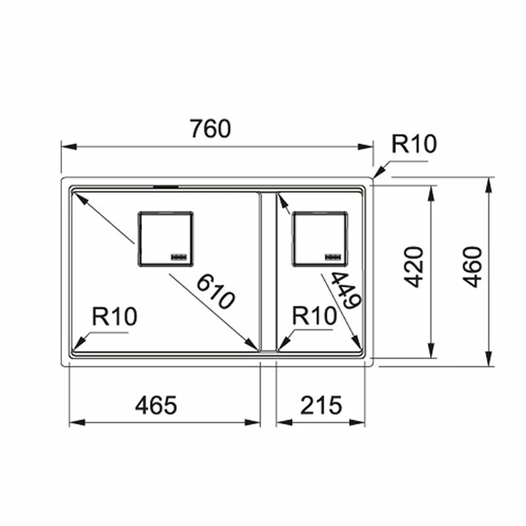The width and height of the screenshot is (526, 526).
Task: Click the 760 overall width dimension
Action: (210, 130)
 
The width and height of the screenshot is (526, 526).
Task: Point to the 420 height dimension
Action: (413, 266)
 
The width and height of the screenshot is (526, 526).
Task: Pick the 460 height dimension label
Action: (472, 266)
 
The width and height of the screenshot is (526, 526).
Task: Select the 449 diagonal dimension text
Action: (345, 291)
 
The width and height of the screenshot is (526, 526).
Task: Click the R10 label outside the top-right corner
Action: (414, 143)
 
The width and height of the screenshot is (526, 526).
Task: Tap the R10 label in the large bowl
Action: (114, 318)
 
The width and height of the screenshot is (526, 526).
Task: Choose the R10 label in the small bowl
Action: (314, 318)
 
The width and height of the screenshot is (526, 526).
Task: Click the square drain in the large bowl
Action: (165, 239)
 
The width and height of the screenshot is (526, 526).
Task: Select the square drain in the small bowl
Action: (320, 239)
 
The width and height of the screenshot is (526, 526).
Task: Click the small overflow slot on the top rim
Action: (165, 187)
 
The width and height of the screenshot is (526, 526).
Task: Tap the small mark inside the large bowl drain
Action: (179, 256)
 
